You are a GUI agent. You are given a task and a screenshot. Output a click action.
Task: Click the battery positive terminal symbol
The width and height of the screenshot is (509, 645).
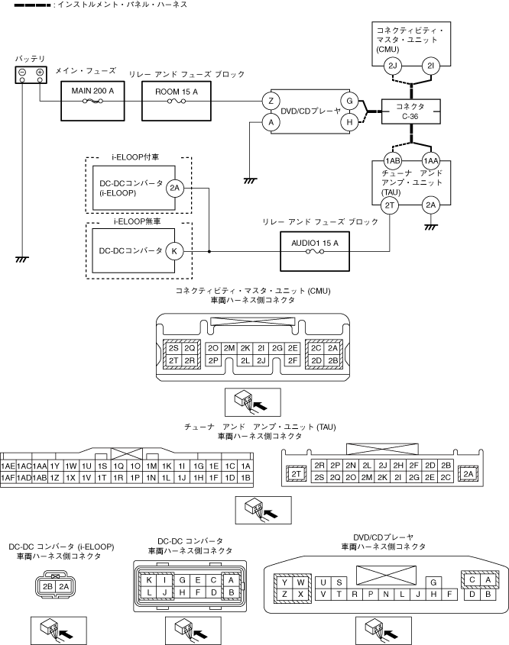(40, 73)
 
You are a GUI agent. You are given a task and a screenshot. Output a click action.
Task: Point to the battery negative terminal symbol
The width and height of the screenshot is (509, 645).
(23, 73)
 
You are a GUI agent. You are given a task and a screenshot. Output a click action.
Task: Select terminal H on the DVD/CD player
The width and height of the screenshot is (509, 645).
(349, 121)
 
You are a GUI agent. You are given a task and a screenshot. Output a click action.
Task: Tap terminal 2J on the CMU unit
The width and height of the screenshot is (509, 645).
(394, 66)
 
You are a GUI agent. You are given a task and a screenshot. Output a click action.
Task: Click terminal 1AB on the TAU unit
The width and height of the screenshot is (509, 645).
(393, 161)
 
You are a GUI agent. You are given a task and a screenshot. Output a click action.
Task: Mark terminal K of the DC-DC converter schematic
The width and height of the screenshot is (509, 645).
(175, 250)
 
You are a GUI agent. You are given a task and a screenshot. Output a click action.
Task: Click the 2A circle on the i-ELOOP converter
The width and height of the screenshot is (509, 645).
(175, 188)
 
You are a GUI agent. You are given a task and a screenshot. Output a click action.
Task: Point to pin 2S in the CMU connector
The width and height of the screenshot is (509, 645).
(173, 347)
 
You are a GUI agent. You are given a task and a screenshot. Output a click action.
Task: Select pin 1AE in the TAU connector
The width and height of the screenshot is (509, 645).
(8, 465)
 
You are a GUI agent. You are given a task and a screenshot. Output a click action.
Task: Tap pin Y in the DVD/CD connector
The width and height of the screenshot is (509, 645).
(284, 582)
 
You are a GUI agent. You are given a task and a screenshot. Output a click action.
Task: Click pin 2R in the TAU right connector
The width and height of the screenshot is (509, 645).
(320, 465)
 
